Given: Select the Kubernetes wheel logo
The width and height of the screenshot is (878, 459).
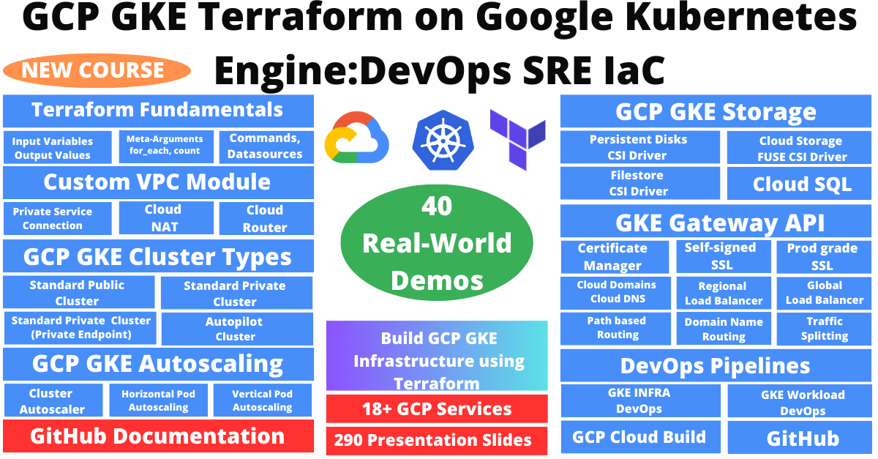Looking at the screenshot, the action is [439, 139].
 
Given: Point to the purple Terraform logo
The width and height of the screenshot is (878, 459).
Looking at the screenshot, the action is [518, 138].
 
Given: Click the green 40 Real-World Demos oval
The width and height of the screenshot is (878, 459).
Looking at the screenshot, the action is [437, 243].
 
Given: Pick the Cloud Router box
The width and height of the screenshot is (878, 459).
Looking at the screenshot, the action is [265, 218].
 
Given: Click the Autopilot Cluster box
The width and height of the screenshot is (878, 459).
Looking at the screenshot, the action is [236, 329].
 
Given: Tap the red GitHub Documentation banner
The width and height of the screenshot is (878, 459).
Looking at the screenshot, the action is [158, 436].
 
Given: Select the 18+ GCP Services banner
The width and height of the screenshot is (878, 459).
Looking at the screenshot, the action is [437, 408].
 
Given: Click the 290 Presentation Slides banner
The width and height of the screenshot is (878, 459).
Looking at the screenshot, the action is [437, 440].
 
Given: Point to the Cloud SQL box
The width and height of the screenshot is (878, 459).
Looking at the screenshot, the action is [802, 184].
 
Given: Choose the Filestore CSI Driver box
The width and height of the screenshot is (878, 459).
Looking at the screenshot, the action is [639, 183].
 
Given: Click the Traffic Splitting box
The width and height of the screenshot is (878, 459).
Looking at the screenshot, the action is [825, 329].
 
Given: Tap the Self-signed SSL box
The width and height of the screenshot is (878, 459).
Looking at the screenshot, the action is [722, 256].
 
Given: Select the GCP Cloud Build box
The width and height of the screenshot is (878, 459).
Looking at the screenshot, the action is [639, 438].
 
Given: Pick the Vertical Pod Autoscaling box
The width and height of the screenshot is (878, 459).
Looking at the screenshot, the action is [262, 400].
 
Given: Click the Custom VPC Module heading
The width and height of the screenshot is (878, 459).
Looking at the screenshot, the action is [157, 182].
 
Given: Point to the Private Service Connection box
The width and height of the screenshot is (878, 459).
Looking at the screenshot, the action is [57, 218].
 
